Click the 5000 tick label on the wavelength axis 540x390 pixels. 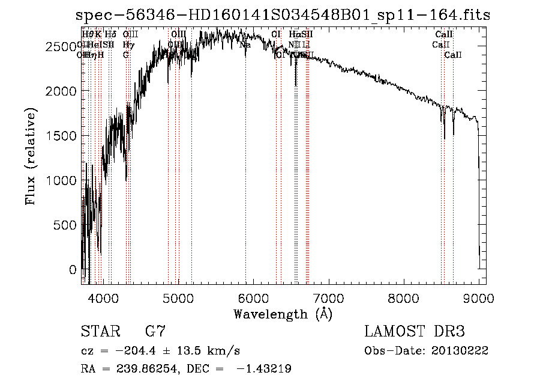[x=178, y=298]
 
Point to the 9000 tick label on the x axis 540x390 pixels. [x=479, y=298]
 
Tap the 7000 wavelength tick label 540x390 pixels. [x=328, y=298]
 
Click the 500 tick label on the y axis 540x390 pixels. [x=66, y=225]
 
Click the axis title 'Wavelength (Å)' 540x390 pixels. [x=283, y=314]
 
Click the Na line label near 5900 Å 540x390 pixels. [x=245, y=44]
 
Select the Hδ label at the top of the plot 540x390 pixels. [x=110, y=34]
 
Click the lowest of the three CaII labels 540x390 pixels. [x=453, y=55]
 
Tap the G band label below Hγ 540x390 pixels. [x=126, y=55]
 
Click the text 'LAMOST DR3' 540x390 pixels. [x=414, y=332]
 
